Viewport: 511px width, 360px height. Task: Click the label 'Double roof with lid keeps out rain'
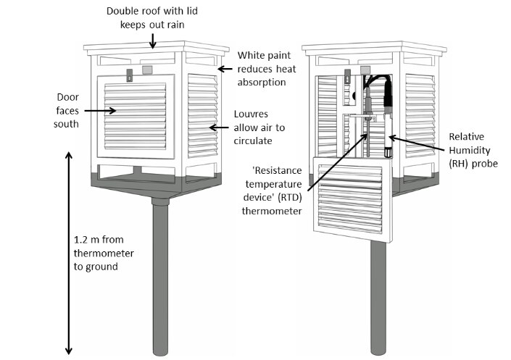click(x=152, y=18)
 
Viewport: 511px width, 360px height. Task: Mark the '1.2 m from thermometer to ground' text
click(x=99, y=252)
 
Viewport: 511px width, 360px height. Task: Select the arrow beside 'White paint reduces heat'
click(x=226, y=69)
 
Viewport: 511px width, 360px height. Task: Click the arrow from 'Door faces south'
click(x=97, y=111)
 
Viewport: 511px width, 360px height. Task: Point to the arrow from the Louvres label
click(x=220, y=128)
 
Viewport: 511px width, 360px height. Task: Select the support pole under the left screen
click(x=159, y=282)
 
